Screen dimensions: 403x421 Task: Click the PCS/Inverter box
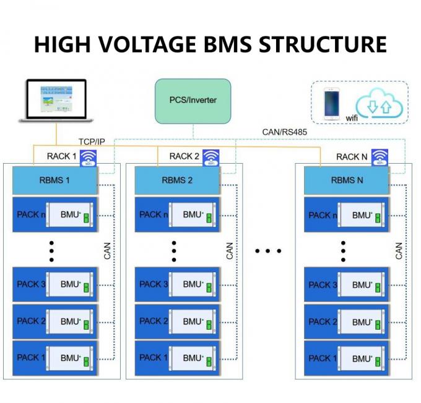click(x=193, y=99)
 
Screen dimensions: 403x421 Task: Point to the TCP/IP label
click(x=92, y=142)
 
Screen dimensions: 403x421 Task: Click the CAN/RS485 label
click(x=284, y=132)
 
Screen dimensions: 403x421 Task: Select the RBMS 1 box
click(x=55, y=180)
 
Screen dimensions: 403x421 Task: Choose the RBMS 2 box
click(x=177, y=180)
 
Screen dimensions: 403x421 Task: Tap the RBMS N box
click(x=346, y=181)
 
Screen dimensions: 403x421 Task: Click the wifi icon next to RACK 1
click(x=90, y=156)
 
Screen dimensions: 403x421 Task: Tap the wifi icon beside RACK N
click(x=380, y=157)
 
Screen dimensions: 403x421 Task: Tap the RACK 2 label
click(x=184, y=156)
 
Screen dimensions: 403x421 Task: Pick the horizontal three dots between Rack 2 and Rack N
click(x=268, y=251)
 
